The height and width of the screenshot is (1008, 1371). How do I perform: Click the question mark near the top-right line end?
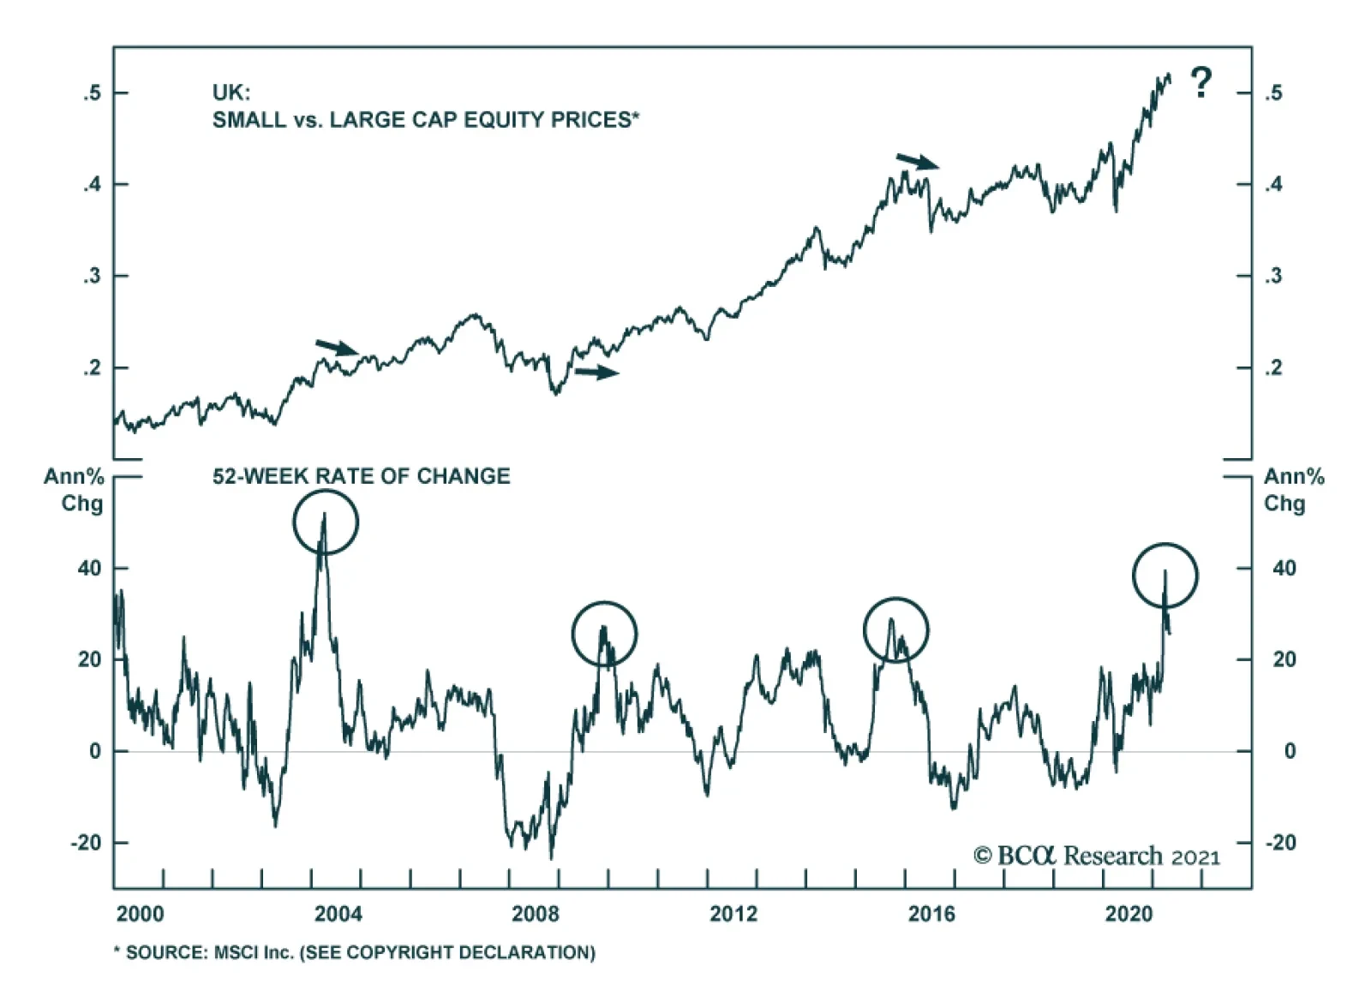point(1201,83)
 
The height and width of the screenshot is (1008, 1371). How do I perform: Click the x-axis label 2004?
point(338,914)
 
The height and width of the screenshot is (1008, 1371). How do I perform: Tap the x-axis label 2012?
point(733,914)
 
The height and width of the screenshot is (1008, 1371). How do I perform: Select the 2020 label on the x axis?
point(1129,914)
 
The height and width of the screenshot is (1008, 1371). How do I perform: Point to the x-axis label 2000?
point(140,914)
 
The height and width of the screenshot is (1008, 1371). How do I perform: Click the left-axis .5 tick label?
point(93,92)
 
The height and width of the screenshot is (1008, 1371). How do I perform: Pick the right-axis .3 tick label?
point(1273,276)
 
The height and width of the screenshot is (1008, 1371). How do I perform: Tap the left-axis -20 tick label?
point(87,843)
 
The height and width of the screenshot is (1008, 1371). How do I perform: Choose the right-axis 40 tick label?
point(1284,568)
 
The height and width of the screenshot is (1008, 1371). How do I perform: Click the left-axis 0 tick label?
point(94,751)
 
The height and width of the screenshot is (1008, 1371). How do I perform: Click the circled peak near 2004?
point(325,522)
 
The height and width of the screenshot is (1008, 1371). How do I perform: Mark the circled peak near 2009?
point(604,634)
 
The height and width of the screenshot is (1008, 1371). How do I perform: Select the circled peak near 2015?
point(895,630)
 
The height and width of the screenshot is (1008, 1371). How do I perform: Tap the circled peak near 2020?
point(1164,576)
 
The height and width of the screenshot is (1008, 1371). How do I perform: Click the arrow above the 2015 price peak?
point(918,161)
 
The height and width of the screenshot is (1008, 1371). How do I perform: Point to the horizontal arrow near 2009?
point(596,372)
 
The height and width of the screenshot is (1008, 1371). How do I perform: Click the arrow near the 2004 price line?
point(337,347)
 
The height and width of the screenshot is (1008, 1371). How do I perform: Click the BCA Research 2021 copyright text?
point(1096,856)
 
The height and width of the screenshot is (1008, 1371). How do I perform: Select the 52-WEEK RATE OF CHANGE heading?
point(361,476)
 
